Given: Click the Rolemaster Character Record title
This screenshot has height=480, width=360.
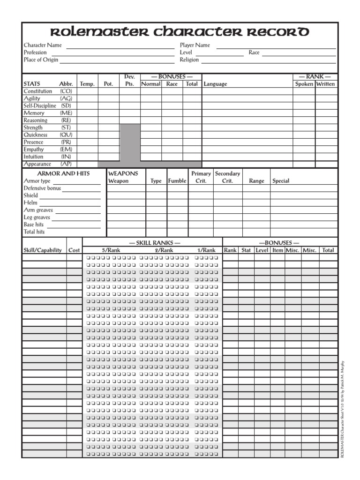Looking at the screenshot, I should (180, 32).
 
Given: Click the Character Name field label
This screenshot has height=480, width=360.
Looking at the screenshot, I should (43, 45).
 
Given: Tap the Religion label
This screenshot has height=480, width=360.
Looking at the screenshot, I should (189, 60).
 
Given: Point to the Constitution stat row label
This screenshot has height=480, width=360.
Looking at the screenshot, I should (38, 91).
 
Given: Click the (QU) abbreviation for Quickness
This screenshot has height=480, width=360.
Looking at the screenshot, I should (66, 135).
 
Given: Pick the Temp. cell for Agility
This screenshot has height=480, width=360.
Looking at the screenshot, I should (87, 99).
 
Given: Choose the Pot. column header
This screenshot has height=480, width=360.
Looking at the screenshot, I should (108, 84).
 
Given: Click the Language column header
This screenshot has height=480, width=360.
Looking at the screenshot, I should (215, 84).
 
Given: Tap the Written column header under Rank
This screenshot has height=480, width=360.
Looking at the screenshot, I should (326, 84).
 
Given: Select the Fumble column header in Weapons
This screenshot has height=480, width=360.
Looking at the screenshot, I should (177, 181).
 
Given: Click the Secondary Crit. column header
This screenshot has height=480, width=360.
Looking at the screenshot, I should (227, 177).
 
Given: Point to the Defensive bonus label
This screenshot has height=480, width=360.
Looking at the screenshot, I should (42, 188).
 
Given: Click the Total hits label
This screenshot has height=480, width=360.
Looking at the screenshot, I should (34, 232).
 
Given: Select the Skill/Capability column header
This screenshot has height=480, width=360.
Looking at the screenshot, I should (43, 250).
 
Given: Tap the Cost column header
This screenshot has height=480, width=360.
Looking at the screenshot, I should (74, 250).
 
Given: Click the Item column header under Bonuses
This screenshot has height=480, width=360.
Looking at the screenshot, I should (277, 250).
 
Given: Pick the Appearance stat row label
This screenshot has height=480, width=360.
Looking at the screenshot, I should (37, 164).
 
